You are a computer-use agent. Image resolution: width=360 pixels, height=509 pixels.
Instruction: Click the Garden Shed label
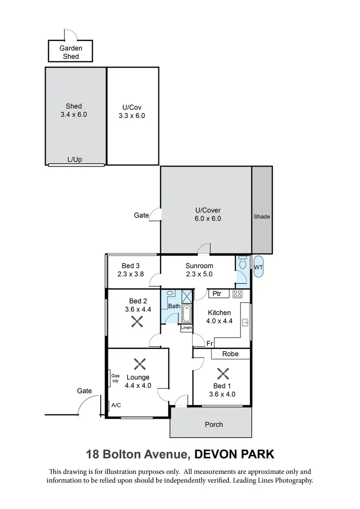point(71,52)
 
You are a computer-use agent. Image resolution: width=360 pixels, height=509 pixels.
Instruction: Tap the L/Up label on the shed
point(74,159)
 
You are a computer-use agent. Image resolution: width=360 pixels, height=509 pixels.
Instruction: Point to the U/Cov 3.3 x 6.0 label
point(132,111)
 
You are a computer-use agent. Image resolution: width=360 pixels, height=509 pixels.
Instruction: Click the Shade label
point(262,216)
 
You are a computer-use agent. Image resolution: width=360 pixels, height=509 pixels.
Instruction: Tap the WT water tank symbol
point(258,267)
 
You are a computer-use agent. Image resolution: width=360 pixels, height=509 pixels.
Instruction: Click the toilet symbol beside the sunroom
point(242,264)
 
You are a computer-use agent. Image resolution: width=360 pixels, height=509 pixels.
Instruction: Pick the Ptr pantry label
point(216,294)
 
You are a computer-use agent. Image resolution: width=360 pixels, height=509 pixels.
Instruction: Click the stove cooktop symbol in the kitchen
point(237,294)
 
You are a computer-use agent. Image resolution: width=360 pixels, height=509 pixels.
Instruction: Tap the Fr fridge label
point(210,343)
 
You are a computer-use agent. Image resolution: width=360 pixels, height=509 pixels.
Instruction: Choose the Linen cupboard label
point(186,328)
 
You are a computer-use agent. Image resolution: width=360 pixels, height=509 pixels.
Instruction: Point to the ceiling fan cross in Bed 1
point(222,374)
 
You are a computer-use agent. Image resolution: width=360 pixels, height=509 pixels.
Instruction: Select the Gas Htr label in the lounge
point(115,379)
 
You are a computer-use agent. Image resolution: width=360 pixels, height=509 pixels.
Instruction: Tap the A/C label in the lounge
point(116,405)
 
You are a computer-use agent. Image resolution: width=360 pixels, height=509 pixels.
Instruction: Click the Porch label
point(214,424)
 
